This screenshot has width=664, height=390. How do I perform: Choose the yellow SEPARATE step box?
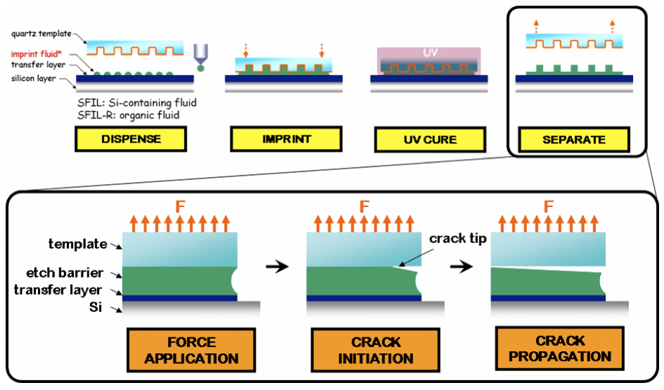(x=573, y=139)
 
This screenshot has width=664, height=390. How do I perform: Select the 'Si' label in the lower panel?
(x=101, y=306)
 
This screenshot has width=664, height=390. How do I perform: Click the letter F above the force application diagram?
(x=180, y=207)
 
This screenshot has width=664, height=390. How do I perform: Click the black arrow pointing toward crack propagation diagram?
(x=461, y=267)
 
